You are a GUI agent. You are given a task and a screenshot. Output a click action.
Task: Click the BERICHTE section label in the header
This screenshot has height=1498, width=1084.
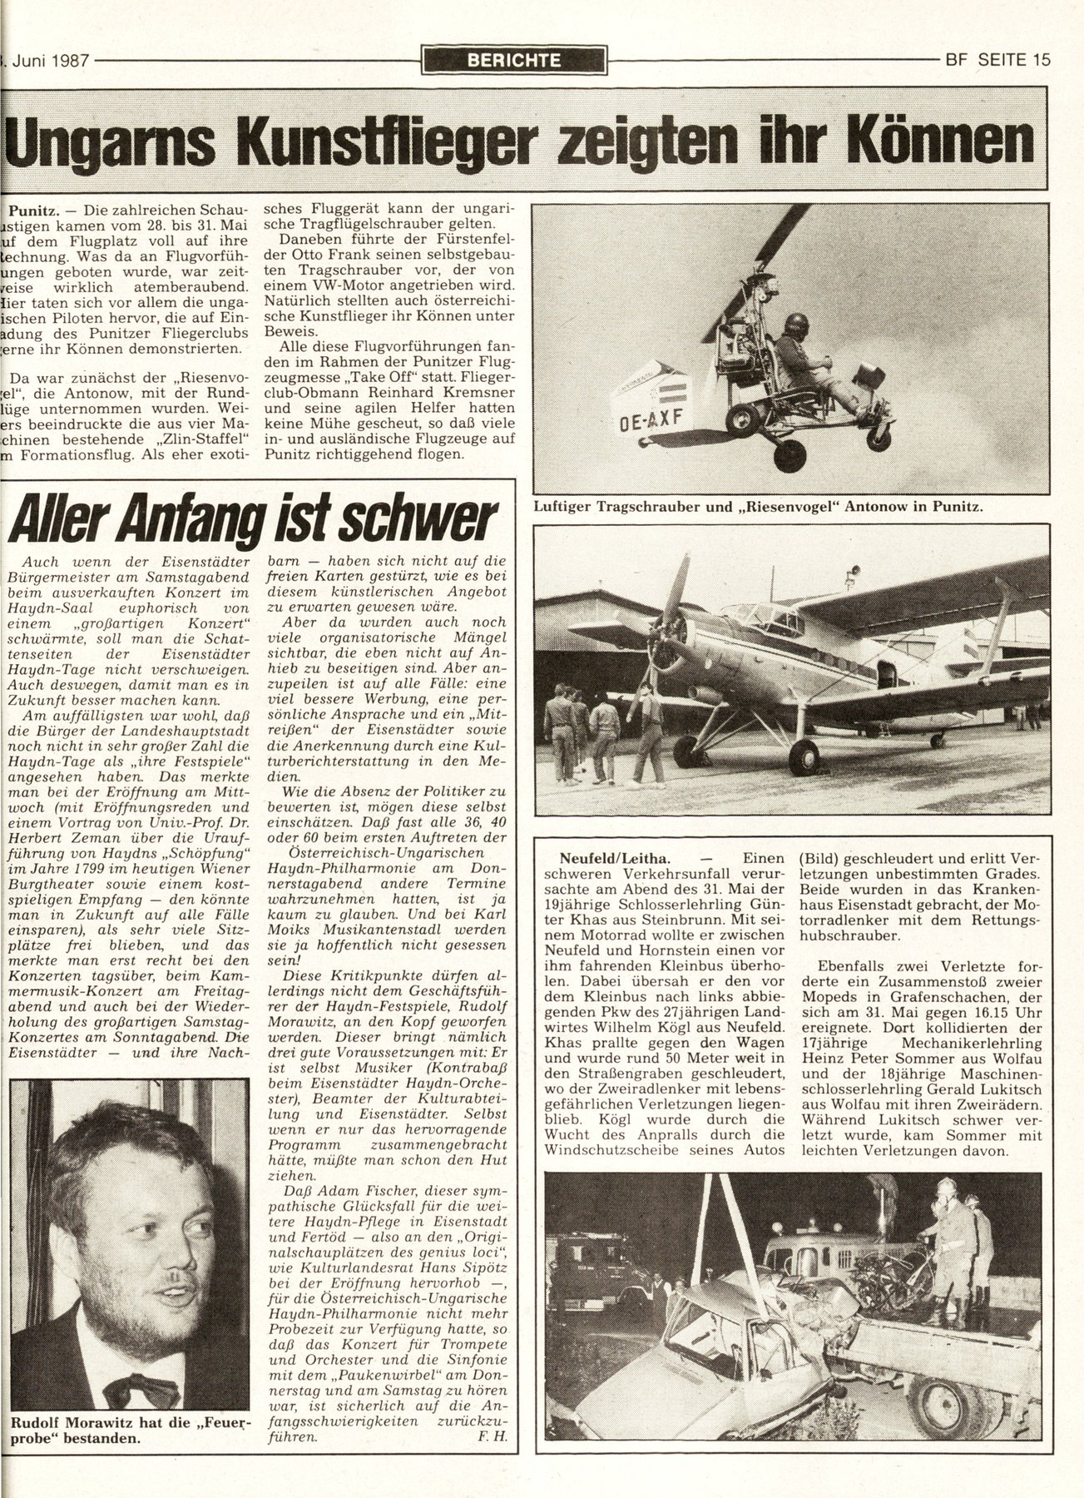pyautogui.click(x=514, y=60)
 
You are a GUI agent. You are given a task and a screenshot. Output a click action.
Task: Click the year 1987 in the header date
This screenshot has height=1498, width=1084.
pyautogui.click(x=67, y=60)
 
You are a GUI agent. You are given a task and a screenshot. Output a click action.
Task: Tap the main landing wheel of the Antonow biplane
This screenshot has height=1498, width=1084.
pyautogui.click(x=804, y=756)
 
